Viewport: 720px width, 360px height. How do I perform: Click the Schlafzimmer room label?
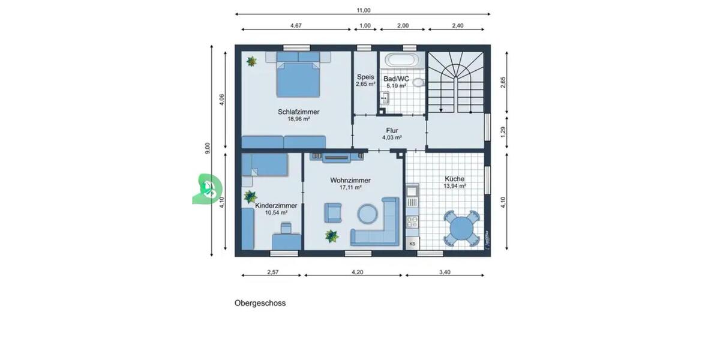pos(298,112)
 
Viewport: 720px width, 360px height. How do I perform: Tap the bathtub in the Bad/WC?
pos(401,61)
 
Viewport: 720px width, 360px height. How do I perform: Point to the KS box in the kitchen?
pos(412,244)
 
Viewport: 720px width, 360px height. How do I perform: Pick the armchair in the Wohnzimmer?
pos(333,212)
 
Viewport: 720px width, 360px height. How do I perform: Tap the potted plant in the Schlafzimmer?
pos(252,61)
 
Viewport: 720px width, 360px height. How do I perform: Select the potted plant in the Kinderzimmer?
pos(250,196)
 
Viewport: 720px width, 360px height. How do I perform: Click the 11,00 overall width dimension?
pos(364,10)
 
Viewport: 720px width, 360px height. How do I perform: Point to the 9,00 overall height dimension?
pos(208,149)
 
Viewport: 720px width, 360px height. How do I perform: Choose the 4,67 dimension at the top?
pos(296,26)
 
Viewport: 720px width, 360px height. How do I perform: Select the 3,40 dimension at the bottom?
pos(445,272)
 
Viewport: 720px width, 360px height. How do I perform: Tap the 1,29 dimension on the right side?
pos(504,130)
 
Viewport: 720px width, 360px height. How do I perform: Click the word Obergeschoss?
pos(260,303)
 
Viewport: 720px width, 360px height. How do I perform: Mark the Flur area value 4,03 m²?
pos(392,137)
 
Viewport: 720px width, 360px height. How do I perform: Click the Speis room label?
pos(365,77)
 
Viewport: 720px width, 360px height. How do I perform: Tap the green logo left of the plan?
pos(206,190)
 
